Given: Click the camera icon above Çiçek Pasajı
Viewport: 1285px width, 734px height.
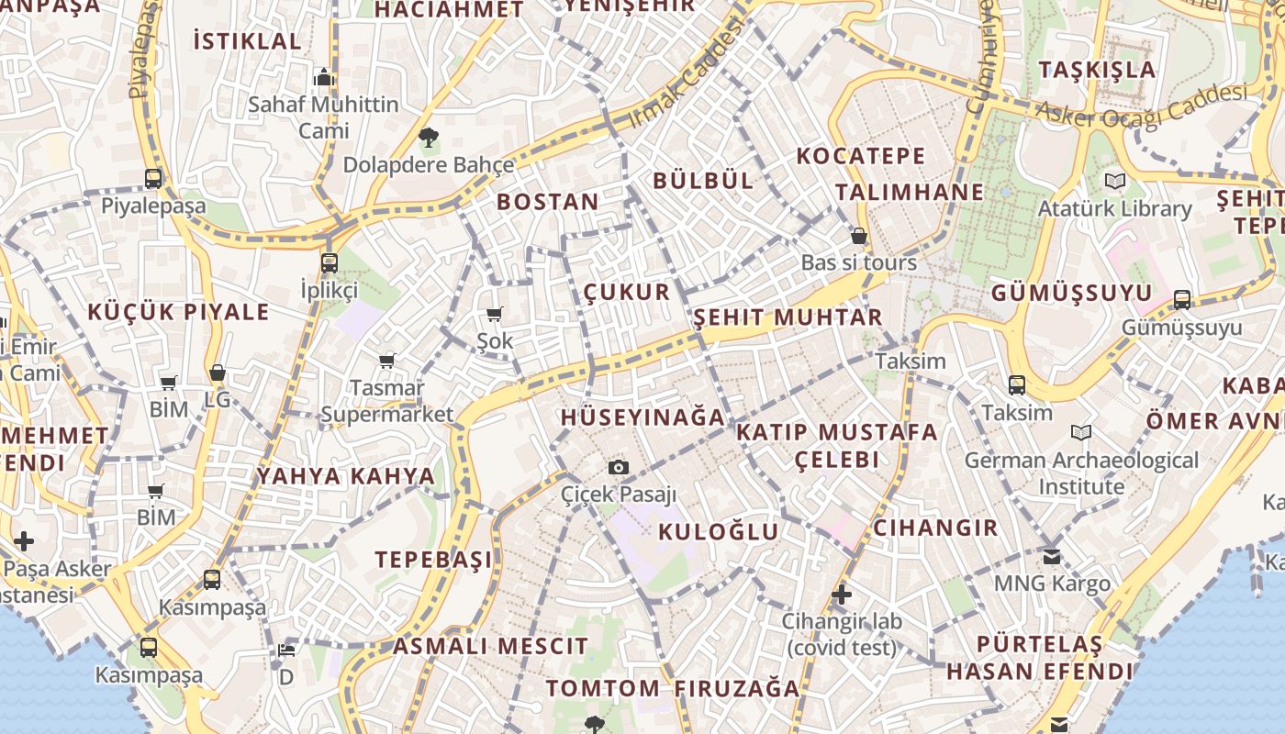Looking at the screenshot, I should point(619,467).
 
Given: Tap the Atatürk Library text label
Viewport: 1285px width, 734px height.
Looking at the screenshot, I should point(1114,209).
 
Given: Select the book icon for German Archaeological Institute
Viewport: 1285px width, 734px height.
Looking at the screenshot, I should point(1081,432).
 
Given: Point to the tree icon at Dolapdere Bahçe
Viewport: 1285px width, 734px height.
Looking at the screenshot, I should point(428,139).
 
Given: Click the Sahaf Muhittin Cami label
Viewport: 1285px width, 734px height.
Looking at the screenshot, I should point(323,117).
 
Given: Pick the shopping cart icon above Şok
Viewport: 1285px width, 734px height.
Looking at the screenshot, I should point(495,315).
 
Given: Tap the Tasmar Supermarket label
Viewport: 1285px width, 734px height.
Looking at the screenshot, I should point(387,401).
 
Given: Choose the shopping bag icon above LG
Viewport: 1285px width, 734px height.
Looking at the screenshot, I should point(218,373).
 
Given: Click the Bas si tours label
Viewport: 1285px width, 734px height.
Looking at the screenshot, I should point(858,262).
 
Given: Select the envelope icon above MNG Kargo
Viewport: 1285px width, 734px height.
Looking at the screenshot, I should point(1052,556).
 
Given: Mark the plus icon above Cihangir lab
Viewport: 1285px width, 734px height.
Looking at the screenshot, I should point(842,595).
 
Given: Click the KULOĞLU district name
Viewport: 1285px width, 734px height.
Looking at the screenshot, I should point(719,532).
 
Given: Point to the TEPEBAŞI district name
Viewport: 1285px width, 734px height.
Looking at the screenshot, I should point(433,560).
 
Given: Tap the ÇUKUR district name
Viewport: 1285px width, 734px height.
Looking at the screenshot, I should point(627,293).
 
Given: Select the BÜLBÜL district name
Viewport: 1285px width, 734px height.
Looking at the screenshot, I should point(703,181).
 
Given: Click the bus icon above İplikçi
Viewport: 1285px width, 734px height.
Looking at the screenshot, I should point(330,263).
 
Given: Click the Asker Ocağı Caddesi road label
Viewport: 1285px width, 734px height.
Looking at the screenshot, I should point(1142,105).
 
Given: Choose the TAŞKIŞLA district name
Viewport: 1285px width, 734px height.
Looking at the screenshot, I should point(1097,70).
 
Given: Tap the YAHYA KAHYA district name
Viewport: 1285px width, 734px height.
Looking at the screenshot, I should point(345,476).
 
